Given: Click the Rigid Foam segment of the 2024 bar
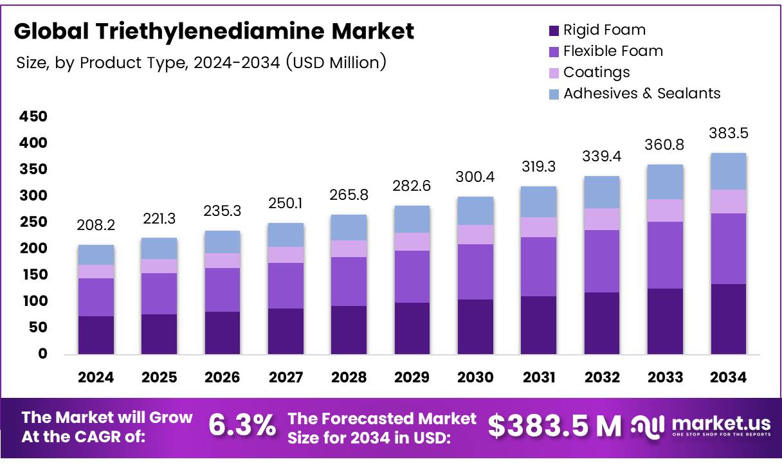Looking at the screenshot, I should [96, 335].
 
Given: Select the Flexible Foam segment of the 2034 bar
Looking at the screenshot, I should [728, 249].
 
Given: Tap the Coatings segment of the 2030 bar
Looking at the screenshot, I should [475, 235].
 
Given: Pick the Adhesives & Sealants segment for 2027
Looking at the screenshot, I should [286, 235].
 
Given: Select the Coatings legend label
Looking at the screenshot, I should [596, 72].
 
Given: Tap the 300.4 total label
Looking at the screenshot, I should [475, 177].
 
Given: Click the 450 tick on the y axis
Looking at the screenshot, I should [33, 117].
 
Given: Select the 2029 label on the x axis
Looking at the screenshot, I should [412, 378].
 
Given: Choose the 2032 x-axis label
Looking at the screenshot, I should [602, 378].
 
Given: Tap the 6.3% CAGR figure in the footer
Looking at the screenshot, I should [242, 426].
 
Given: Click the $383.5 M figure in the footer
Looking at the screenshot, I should [554, 426].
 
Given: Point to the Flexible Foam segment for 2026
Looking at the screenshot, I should [223, 290].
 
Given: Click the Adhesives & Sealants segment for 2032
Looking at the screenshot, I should [602, 192].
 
